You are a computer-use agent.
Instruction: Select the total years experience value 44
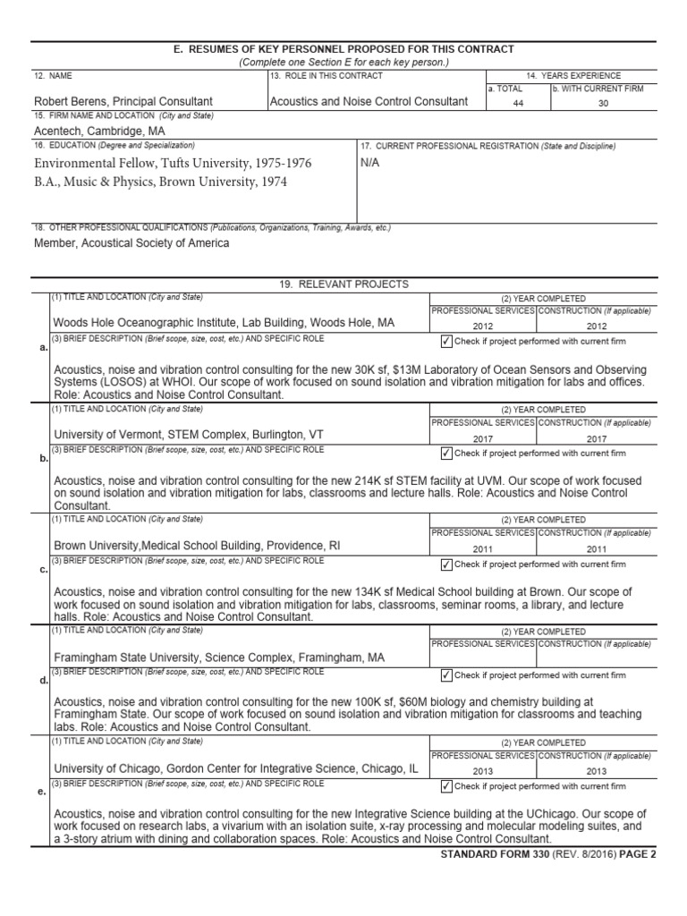point(517,103)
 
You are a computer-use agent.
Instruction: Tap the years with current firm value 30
point(602,103)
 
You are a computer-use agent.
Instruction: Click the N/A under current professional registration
point(369,164)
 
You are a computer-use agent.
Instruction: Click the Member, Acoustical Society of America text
point(131,242)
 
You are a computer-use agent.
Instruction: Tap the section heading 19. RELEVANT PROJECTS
point(343,284)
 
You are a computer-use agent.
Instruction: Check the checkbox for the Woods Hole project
point(446,342)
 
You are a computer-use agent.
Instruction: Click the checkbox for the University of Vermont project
point(446,454)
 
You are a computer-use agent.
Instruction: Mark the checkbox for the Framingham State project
point(446,675)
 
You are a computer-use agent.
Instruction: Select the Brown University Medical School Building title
point(197,546)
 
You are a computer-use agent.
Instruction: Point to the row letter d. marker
point(44,681)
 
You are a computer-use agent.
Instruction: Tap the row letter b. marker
point(44,458)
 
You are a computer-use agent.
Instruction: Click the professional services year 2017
point(483,438)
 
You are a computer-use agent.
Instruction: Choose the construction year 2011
point(597,549)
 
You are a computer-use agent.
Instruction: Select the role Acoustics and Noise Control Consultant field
point(369,102)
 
